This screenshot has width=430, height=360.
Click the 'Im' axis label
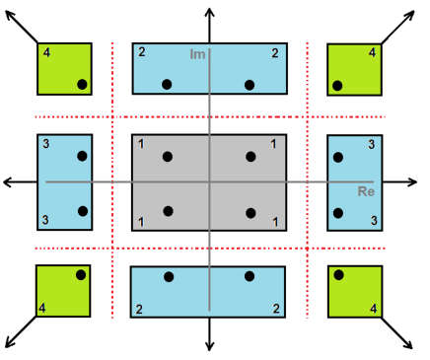pos(197,55)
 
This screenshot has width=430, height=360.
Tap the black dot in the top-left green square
pos(82,85)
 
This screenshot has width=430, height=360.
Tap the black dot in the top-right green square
pos(337,85)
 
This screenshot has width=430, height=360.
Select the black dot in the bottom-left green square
pos(82,274)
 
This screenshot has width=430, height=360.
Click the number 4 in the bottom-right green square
pos(373,309)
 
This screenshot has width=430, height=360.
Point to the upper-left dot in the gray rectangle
pos(168,156)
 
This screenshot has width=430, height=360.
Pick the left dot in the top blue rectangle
pos(170,85)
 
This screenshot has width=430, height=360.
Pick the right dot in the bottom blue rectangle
pos(250,276)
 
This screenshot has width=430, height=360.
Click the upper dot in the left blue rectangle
pos(82,156)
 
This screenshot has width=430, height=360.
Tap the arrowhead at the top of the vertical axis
pos(209,10)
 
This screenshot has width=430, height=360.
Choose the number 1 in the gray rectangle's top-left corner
pos(141,146)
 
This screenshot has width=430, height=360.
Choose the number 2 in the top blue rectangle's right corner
pos(274,53)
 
